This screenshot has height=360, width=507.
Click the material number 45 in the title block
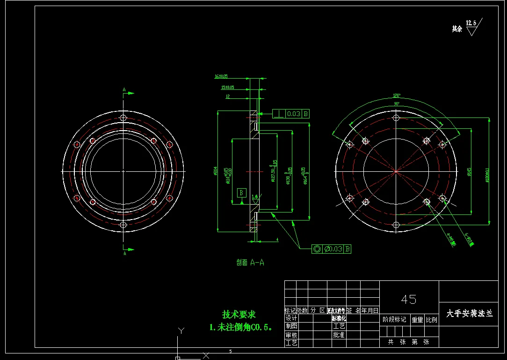coord(408,299)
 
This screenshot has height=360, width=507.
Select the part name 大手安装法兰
coord(470,314)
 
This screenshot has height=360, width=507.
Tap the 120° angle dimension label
coord(396,96)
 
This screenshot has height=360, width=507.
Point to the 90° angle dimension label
coord(396,103)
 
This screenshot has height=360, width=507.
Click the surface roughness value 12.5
coord(471,23)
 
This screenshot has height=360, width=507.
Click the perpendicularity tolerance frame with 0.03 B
coord(291,114)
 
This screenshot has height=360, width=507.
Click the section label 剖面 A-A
coord(250,263)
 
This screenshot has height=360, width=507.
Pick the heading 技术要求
coord(239,315)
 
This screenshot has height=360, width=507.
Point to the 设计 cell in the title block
coord(291,318)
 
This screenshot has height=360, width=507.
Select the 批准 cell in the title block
coord(339,335)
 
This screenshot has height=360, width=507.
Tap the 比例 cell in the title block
coord(431,320)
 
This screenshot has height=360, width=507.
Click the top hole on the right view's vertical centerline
coord(396,118)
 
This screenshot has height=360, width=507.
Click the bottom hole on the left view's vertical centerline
coord(123,225)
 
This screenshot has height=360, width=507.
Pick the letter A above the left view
coord(124,89)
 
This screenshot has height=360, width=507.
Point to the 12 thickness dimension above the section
coord(228,96)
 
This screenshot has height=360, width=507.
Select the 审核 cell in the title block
coord(291,335)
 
